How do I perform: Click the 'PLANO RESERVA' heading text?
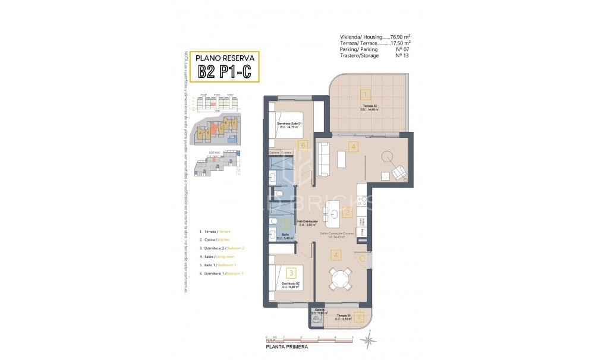(x=229, y=58)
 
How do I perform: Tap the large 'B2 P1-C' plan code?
(x=228, y=72)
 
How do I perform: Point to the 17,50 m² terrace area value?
(x=401, y=43)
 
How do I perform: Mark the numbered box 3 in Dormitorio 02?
(x=291, y=273)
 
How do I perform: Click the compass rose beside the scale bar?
(x=369, y=341)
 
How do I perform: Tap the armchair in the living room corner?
(x=399, y=172)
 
